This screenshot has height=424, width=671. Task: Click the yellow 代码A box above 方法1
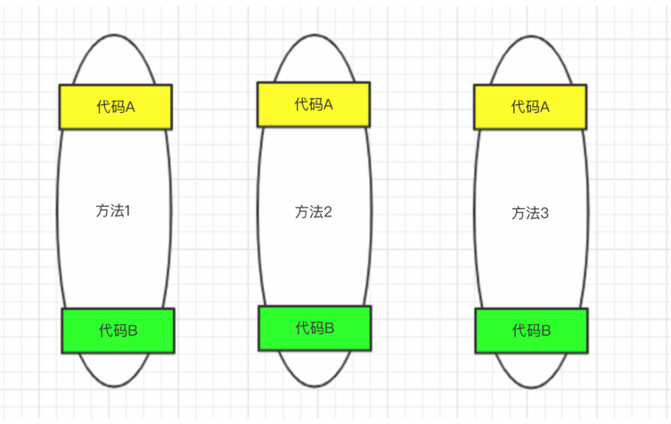[115, 107]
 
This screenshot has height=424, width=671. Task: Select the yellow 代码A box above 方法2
[314, 104]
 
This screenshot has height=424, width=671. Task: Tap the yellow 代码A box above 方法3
[530, 107]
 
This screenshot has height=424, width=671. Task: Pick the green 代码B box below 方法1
[118, 330]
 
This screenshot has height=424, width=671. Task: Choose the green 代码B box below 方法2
[315, 328]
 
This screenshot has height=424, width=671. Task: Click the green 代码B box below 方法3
[531, 330]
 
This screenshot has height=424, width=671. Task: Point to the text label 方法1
[113, 211]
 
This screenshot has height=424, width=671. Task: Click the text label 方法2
[313, 212]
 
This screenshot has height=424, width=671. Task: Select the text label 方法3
[530, 214]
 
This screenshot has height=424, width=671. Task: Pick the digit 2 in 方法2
[327, 212]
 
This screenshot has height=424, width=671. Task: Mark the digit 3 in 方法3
[544, 214]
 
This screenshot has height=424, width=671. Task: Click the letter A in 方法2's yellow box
[328, 104]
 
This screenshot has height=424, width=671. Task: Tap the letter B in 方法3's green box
[545, 330]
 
